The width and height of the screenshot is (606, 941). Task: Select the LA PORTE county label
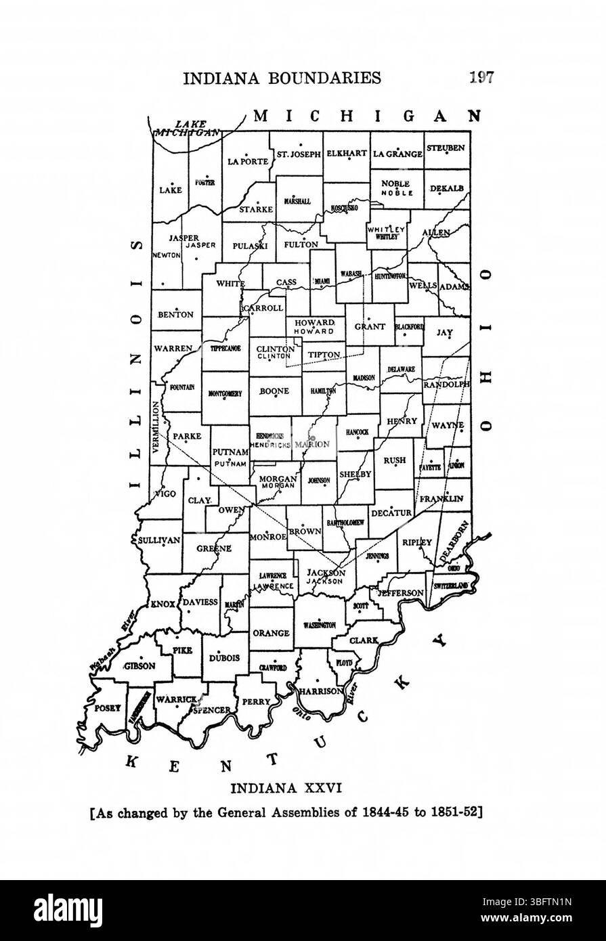(x=248, y=161)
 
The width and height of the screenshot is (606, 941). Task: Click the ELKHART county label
(x=346, y=154)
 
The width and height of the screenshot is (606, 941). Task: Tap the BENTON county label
(x=175, y=315)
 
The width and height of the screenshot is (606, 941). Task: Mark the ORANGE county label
(x=271, y=633)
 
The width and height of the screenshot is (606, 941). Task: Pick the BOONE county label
(x=274, y=391)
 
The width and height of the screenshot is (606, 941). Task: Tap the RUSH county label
(x=394, y=460)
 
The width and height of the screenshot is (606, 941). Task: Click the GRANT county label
(x=370, y=326)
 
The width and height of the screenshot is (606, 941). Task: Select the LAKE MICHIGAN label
(x=188, y=128)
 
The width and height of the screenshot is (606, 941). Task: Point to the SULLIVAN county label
(x=158, y=540)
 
